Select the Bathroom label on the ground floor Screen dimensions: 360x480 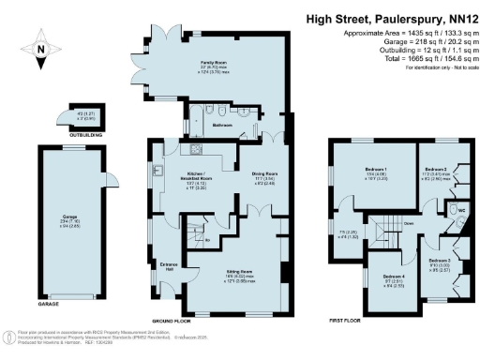(x=222, y=124)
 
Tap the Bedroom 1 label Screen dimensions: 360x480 (x=376, y=171)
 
